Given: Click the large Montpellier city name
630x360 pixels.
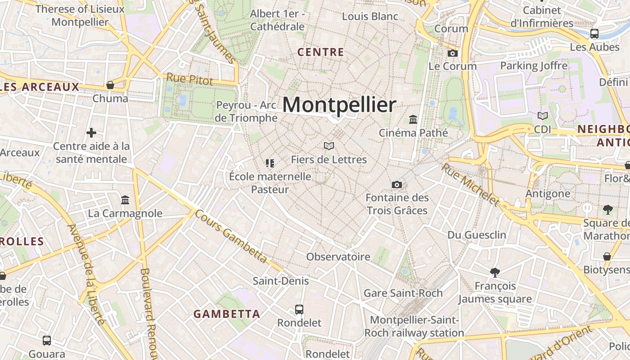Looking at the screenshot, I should click(339, 105).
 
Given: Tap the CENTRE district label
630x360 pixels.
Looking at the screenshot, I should click(321, 52).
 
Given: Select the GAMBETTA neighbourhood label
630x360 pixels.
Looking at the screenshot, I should click(227, 314).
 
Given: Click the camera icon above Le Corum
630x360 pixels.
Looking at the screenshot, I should click(453, 53).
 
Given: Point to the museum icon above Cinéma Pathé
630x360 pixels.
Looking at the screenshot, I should click(413, 119).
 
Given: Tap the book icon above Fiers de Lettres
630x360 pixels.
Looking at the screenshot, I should click(329, 146).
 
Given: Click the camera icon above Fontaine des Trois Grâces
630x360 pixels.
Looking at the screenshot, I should click(396, 184).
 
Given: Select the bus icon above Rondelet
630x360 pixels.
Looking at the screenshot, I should click(299, 309).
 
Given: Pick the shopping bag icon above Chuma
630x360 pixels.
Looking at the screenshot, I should click(110, 85).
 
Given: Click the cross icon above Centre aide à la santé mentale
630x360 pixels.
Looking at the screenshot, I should click(91, 133).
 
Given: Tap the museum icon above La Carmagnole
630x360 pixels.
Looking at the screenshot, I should click(125, 200).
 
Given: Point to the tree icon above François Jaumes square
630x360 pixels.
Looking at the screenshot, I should click(495, 272).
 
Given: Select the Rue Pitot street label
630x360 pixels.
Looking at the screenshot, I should click(189, 79).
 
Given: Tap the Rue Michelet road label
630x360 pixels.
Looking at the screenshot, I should click(470, 184).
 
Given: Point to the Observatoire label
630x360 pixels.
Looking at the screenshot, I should click(338, 257).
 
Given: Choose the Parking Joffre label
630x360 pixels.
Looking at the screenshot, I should click(534, 66).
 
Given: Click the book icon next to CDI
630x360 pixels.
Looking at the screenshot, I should click(543, 116).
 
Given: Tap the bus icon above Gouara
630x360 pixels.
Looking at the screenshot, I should click(47, 341).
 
